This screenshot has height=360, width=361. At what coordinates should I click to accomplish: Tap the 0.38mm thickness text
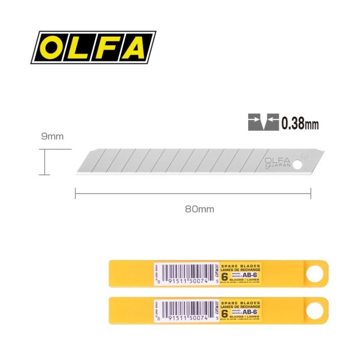pos(300,123)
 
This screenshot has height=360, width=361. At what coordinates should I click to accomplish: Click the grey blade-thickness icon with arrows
pos(263,122)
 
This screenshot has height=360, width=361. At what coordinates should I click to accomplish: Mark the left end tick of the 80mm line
pos(75,193)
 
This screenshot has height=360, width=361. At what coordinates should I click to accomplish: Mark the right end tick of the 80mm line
pos(311,193)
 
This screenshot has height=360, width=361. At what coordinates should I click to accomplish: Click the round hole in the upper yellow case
pos(315,273)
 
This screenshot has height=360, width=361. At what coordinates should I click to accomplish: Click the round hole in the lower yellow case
pos(315,310)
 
